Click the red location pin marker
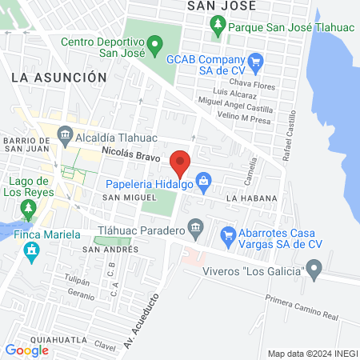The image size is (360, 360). coord(180,162)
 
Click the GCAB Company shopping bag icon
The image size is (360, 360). coord(256,60)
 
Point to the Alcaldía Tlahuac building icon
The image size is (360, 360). coord(66,135)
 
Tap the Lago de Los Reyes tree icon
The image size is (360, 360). coord(29,210)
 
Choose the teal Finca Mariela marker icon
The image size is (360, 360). coord(32,252)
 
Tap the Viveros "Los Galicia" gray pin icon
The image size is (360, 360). coord(314,268)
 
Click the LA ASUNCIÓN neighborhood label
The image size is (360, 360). coord(59,77)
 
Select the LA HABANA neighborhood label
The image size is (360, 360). coord(251,198)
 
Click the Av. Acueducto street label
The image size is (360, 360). coord(138,318)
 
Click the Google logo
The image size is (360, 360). coord(26,350)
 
